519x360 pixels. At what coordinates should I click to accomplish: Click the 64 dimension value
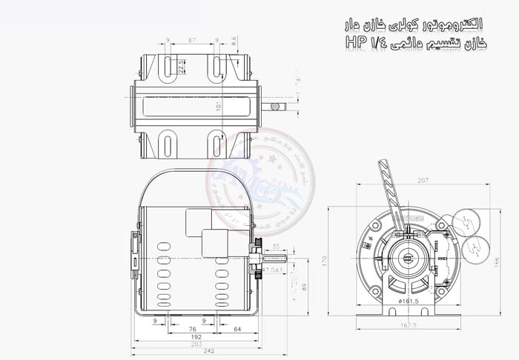click(237, 328)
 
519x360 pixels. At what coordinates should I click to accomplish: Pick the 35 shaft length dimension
click(276, 245)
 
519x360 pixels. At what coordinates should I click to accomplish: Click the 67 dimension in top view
click(192, 39)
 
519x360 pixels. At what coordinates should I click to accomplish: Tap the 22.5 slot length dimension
click(181, 67)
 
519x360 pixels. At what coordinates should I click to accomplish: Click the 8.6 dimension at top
click(234, 41)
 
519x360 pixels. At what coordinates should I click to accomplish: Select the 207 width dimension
click(423, 180)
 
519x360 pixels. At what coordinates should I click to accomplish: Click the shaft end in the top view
click(276, 107)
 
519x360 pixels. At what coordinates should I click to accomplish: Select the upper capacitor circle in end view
click(465, 220)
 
